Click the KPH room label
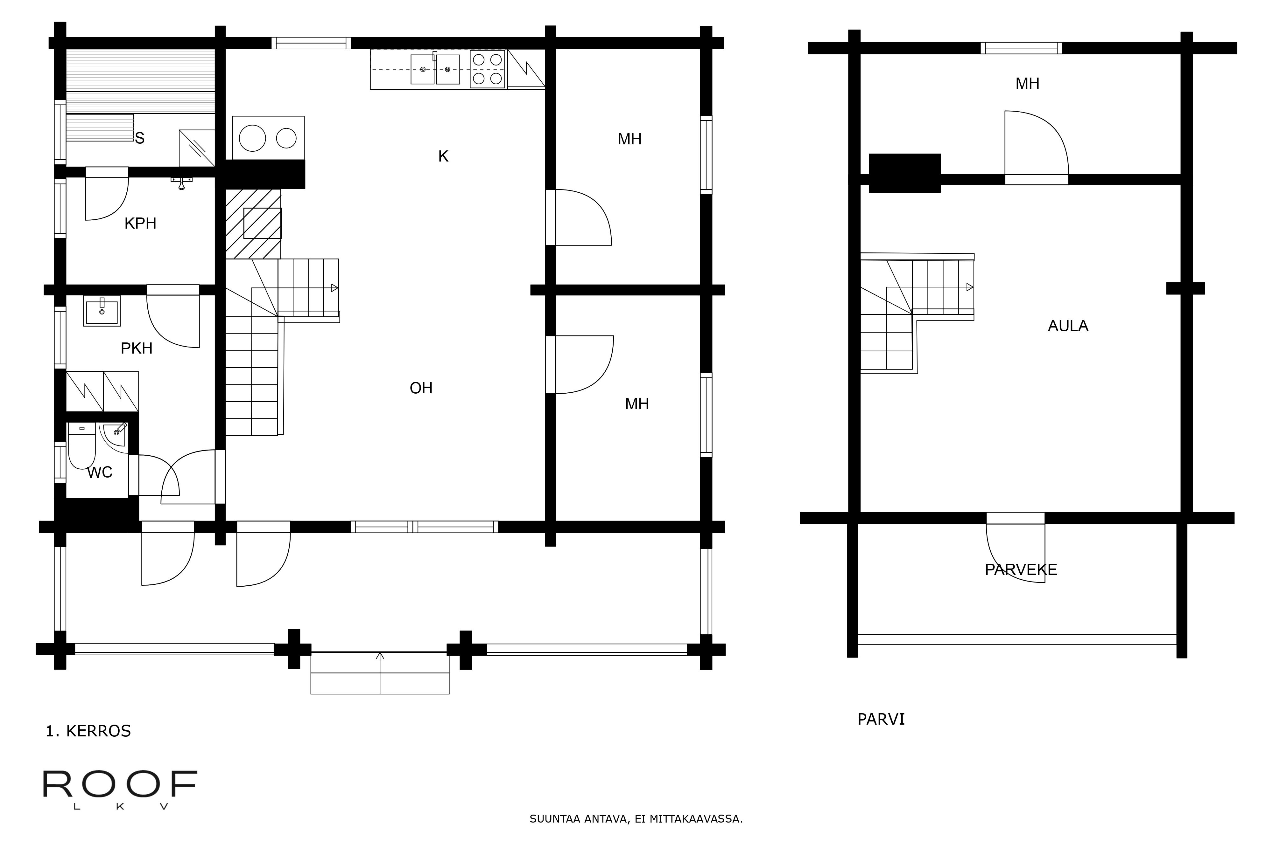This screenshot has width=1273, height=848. (x=140, y=223)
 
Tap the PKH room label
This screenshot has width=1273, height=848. (x=137, y=348)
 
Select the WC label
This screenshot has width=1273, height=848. (x=100, y=473)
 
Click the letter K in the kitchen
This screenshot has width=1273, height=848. (x=443, y=156)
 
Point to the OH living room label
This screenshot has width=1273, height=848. (x=421, y=388)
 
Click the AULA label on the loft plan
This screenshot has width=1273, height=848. (x=1068, y=326)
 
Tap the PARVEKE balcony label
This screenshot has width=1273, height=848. (x=1021, y=569)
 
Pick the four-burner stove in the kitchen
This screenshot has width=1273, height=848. (x=488, y=69)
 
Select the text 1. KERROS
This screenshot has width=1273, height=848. (x=88, y=731)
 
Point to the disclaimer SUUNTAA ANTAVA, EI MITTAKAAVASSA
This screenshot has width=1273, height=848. (x=636, y=819)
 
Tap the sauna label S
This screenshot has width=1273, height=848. (x=140, y=138)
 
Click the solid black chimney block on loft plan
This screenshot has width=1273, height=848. (x=905, y=173)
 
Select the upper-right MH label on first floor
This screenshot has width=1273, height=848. (x=629, y=139)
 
